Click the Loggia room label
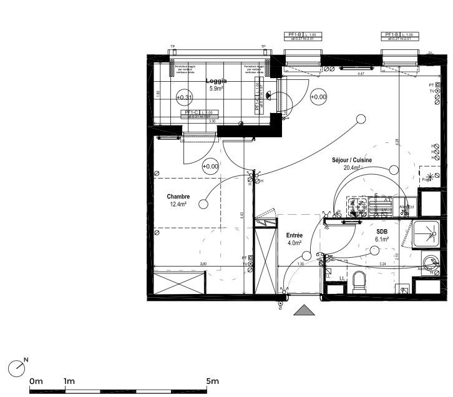click(x=217, y=81)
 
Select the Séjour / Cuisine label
click(x=351, y=160)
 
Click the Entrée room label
click(x=294, y=235)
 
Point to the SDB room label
click(x=381, y=231)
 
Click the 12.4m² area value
click(x=178, y=204)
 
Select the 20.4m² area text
click(x=352, y=168)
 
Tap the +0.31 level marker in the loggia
click(x=184, y=97)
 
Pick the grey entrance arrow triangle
click(x=304, y=310)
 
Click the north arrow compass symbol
click(x=17, y=368)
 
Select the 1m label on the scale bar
click(x=69, y=381)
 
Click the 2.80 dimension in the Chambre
click(x=203, y=265)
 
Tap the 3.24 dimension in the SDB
click(x=383, y=265)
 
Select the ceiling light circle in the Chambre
click(x=203, y=203)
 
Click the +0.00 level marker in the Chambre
click(x=211, y=166)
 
